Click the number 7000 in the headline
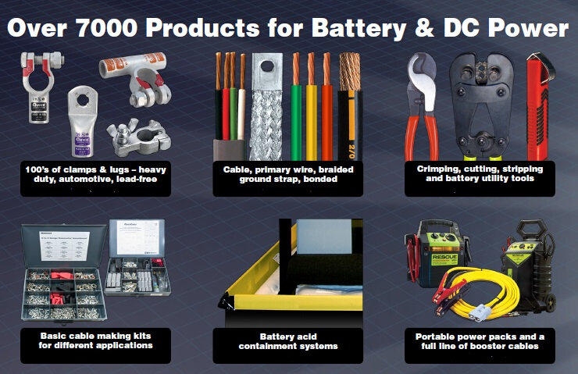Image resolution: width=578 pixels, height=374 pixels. [x=107, y=27]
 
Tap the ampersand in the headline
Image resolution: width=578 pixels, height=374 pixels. [x=424, y=27]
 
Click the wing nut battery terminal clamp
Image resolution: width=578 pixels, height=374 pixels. [x=139, y=137]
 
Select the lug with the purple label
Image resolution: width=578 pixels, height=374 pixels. [x=82, y=121]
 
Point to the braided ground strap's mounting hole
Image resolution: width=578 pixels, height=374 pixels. [x=267, y=66]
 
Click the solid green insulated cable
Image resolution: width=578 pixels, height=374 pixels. [x=296, y=107]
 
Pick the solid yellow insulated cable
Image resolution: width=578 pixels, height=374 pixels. [x=312, y=107]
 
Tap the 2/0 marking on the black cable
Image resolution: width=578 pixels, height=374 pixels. [x=351, y=151]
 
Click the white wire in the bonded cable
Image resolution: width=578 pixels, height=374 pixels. [x=241, y=107]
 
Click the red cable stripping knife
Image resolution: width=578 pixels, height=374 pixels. [x=539, y=107]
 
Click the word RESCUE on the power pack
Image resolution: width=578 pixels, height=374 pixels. [x=444, y=257]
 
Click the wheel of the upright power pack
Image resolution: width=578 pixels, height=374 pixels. [x=551, y=302]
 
